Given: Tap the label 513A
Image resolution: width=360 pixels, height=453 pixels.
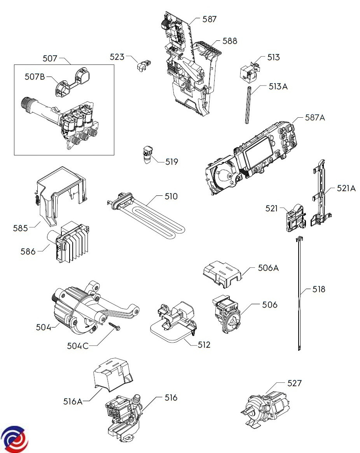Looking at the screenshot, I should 278,87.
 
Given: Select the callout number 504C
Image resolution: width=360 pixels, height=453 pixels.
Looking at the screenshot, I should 78,345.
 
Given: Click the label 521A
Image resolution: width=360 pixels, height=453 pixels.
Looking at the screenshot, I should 346,188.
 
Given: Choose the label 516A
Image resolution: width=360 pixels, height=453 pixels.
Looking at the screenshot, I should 72,401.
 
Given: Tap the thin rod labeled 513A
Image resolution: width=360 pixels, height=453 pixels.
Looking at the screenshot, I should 247,106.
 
